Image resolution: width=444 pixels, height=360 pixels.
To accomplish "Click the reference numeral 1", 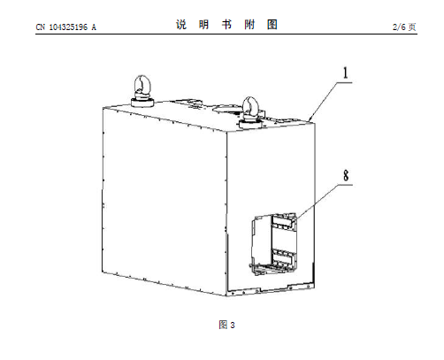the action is [346, 73].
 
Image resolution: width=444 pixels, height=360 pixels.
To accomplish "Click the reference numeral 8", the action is [346, 175].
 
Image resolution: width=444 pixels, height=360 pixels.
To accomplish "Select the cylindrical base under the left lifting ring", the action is [142, 103].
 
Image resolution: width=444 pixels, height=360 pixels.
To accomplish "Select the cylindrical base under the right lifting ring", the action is [250, 124].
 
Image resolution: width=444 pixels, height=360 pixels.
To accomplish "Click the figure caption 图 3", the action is [226, 325].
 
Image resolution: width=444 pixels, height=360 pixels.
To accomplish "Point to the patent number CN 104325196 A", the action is [66, 27].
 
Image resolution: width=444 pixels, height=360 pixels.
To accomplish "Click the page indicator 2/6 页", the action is [404, 27].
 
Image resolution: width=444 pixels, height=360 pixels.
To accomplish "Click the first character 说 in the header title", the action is [181, 25].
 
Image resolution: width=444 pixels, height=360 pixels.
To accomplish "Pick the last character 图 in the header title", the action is [272, 25].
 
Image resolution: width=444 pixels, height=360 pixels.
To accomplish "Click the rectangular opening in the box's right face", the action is [274, 244].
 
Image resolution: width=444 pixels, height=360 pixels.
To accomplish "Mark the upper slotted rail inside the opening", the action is [284, 221].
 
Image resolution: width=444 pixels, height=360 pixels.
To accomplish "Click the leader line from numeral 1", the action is [324, 102].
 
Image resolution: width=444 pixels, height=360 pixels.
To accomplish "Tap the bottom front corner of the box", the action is [226, 295].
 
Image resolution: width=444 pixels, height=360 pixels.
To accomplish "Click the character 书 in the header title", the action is [226, 25].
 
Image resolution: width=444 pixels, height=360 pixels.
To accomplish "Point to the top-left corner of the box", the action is [103, 108].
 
